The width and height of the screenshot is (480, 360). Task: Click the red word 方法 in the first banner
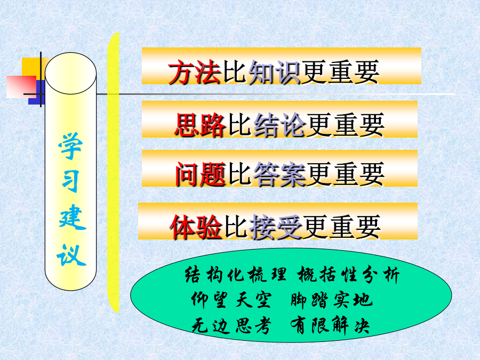(195, 72)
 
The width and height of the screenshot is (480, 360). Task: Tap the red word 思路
(200, 125)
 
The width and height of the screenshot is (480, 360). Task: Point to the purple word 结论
(280, 125)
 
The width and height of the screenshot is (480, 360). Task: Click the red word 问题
(200, 174)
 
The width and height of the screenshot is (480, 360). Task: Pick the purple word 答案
(280, 174)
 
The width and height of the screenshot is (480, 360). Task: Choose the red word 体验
(196, 227)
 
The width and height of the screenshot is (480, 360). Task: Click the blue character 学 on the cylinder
(71, 146)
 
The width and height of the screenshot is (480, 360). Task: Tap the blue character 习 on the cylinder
(71, 181)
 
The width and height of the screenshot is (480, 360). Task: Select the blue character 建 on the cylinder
(72, 218)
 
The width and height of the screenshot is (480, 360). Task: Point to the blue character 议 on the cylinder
(71, 255)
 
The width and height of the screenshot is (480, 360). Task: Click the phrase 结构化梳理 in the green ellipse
(236, 274)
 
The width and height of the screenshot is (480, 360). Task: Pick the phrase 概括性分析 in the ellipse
(348, 274)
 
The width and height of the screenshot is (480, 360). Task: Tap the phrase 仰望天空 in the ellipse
(231, 299)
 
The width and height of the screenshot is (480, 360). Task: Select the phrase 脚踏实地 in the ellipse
(332, 299)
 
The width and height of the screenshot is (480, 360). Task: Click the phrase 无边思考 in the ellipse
(231, 325)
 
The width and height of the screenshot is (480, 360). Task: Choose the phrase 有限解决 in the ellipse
(330, 325)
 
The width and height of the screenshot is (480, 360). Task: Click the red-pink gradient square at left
(21, 87)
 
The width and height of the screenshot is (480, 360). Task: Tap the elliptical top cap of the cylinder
(71, 73)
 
